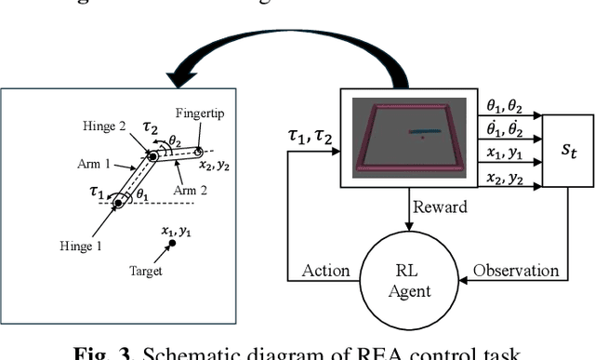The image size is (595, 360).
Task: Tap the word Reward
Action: pos(441,207)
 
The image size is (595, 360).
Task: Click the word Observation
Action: pos(515,271)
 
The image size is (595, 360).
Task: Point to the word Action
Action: pos(324,271)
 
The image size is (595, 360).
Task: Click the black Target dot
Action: pos(171,244)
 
